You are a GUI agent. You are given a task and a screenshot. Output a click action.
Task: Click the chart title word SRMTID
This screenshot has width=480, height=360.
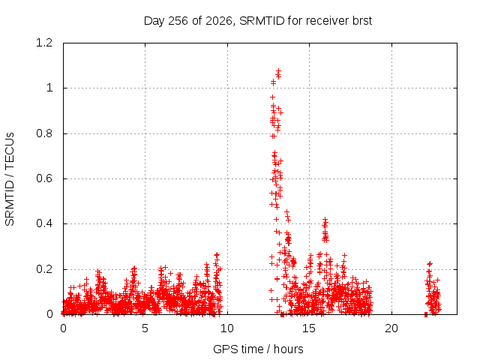click(x=262, y=21)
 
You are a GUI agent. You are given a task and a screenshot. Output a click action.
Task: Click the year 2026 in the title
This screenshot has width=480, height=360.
click(x=219, y=21)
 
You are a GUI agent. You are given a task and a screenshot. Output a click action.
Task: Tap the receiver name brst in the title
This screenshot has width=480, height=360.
click(x=362, y=21)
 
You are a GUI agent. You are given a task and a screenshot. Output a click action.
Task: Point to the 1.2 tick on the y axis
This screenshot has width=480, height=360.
click(x=44, y=43)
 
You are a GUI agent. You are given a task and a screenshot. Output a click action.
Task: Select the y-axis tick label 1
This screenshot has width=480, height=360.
click(x=49, y=88)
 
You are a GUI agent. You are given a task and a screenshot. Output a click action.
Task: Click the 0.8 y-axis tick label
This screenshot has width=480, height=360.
click(x=44, y=133)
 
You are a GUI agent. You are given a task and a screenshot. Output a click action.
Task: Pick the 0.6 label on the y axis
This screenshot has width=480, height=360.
click(x=44, y=178)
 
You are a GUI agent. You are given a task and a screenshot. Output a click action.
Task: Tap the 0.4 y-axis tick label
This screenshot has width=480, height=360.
click(x=44, y=223)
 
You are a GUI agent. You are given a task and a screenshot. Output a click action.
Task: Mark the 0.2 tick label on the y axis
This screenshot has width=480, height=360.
click(x=44, y=269)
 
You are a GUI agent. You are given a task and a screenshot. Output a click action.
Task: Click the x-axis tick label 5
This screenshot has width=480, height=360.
click(x=145, y=328)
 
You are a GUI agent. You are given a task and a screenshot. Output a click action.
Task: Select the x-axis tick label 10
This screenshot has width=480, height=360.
click(x=227, y=328)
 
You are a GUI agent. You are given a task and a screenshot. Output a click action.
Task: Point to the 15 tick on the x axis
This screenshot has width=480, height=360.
click(x=309, y=328)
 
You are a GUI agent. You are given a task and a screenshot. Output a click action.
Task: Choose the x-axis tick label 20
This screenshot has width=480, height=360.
click(x=391, y=328)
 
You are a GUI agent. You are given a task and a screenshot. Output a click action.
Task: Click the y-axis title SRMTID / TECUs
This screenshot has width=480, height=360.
click(x=10, y=179)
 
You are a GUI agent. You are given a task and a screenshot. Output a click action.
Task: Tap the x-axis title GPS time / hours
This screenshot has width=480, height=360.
click(x=258, y=349)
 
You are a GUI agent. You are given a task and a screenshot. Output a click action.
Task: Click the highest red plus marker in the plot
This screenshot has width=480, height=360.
click(x=278, y=71)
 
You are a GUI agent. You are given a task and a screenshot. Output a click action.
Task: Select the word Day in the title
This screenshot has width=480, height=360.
click(x=154, y=21)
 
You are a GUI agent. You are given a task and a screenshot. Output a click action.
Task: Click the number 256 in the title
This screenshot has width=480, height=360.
click(x=178, y=21)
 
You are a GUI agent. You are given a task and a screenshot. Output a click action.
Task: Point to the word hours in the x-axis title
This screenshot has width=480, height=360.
click(x=288, y=349)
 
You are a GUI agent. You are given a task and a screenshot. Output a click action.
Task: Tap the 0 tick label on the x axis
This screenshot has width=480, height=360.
click(x=63, y=328)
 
